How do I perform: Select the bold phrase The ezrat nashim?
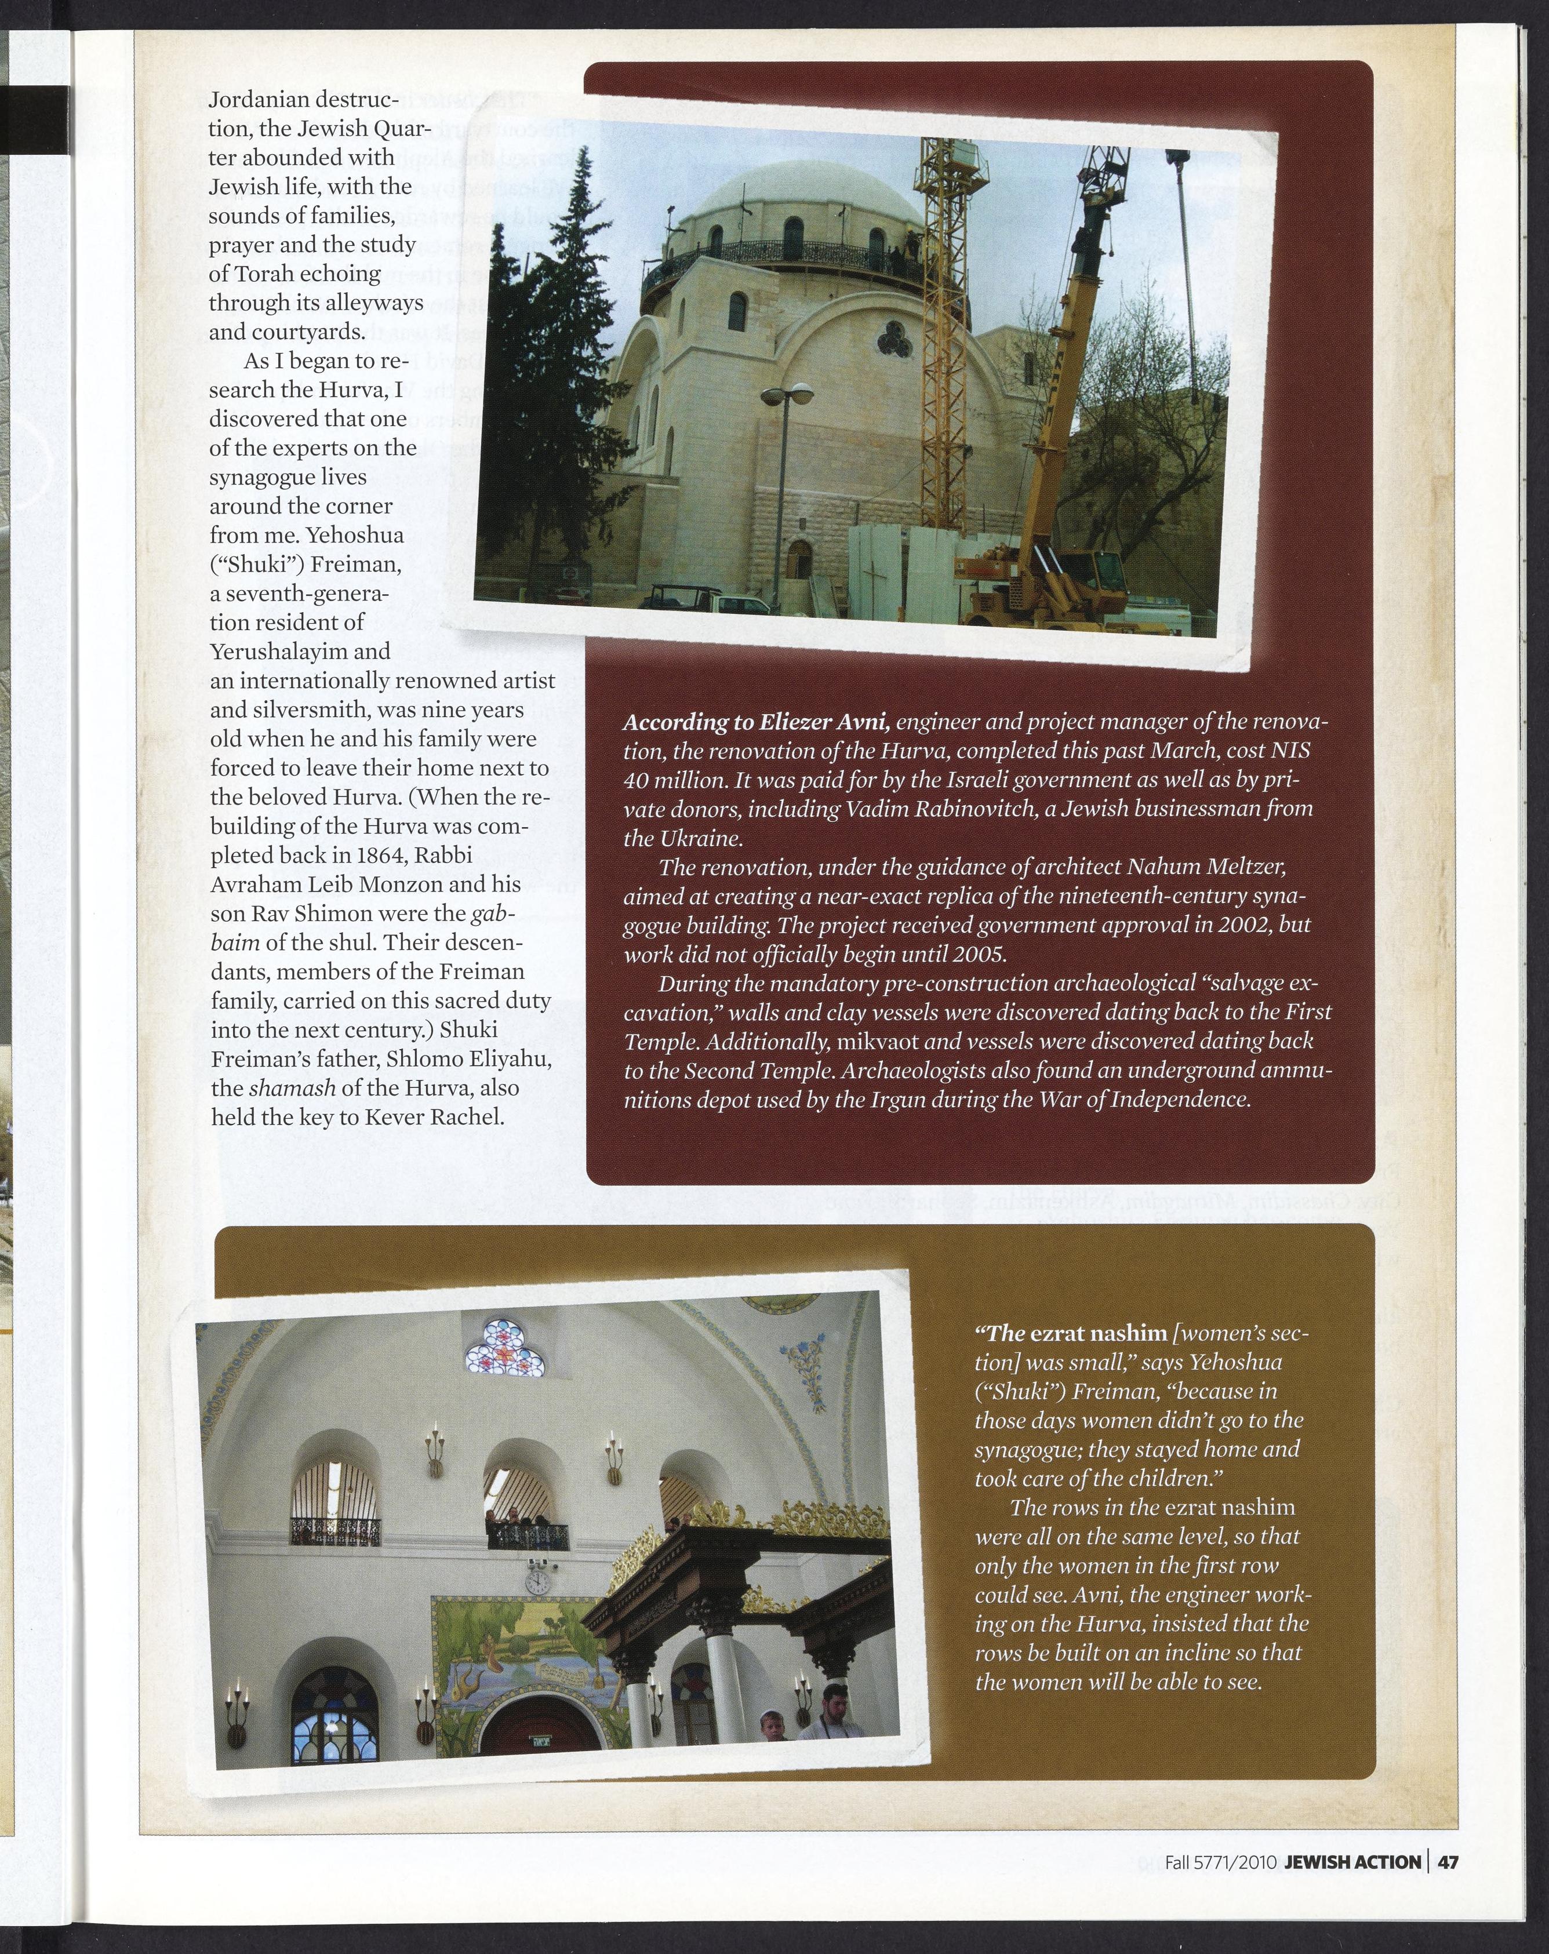pyautogui.click(x=1070, y=1333)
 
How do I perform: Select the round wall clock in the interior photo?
pyautogui.click(x=537, y=1581)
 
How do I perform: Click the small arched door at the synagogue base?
pyautogui.click(x=798, y=558)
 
